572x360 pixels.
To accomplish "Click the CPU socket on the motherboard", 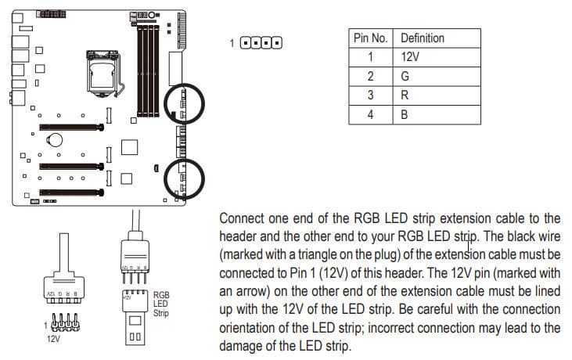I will click(103, 75).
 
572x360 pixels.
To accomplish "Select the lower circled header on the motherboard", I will click(182, 179).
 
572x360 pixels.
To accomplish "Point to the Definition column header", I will click(422, 38).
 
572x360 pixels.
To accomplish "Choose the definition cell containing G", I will click(405, 76).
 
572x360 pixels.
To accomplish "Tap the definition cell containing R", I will click(405, 95).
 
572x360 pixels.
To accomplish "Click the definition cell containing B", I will click(405, 114).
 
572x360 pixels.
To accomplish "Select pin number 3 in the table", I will click(371, 95).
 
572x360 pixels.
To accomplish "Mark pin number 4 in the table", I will click(371, 114).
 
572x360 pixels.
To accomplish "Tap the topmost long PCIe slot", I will click(73, 126).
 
